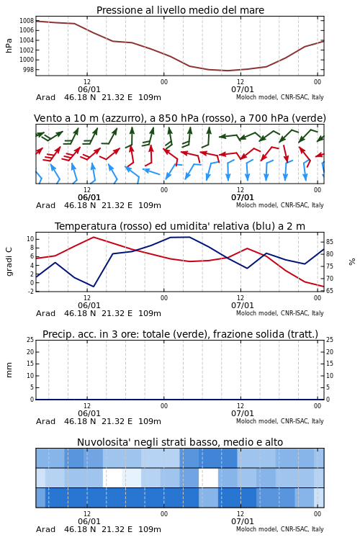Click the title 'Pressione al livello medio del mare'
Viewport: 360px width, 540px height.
pyautogui.click(x=180, y=10)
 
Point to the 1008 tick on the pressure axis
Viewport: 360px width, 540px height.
pyautogui.click(x=27, y=21)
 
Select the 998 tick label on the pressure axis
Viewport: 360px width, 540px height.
pyautogui.click(x=28, y=70)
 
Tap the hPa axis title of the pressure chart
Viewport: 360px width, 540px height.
pyautogui.click(x=9, y=45)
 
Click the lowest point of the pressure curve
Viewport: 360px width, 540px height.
pyautogui.click(x=228, y=71)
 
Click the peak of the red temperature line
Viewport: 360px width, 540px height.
pyautogui.click(x=94, y=237)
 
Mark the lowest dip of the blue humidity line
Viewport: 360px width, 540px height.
pyautogui.click(x=94, y=286)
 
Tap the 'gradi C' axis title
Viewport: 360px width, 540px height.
pyautogui.click(x=9, y=261)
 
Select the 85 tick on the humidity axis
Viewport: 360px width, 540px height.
pyautogui.click(x=330, y=242)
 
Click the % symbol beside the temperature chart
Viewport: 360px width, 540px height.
pyautogui.click(x=352, y=262)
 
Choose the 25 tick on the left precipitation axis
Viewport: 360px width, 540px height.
pyautogui.click(x=30, y=340)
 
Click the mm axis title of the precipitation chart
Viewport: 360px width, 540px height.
pyautogui.click(x=9, y=370)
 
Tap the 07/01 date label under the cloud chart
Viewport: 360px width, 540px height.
pyautogui.click(x=242, y=521)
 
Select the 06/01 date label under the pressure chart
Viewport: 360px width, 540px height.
pyautogui.click(x=89, y=89)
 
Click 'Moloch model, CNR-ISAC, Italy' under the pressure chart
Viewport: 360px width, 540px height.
pyautogui.click(x=280, y=97)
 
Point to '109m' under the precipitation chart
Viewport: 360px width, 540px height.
pyautogui.click(x=150, y=421)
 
